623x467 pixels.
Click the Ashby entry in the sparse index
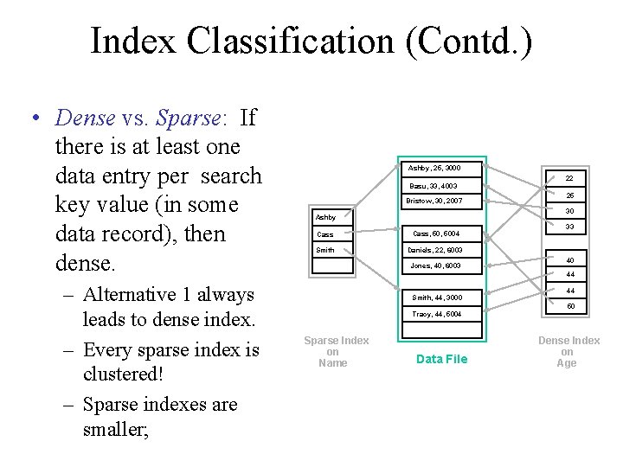(327, 217)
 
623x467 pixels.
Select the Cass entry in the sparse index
(325, 234)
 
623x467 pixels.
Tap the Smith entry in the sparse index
(326, 251)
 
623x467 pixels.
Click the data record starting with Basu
(434, 186)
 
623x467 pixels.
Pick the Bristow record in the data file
(436, 202)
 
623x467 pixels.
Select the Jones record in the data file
(436, 265)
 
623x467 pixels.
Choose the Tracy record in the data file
(436, 314)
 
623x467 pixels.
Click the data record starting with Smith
(436, 297)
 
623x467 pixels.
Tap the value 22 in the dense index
(569, 178)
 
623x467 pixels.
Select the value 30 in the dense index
(569, 211)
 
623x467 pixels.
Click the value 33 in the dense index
(569, 227)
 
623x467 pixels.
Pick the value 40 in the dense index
(569, 259)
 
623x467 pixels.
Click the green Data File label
(441, 359)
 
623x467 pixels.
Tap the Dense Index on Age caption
(568, 352)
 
